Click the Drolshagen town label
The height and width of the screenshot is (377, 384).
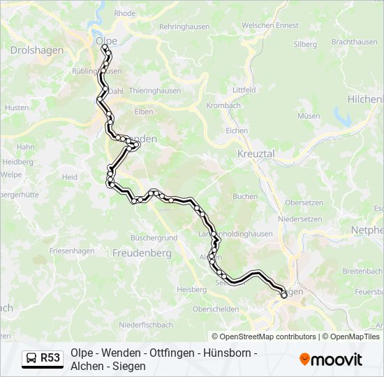pos(36,50)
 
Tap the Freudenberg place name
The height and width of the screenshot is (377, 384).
pos(142,254)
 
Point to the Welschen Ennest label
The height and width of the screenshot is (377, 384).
pos(269,26)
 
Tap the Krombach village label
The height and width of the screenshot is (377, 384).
pos(223,105)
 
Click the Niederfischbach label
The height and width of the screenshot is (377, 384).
pos(146,325)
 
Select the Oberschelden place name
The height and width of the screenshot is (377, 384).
pos(216,309)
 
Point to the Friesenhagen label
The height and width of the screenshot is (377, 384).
pos(71,250)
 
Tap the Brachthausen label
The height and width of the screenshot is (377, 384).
pos(354,42)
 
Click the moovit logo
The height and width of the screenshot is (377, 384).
pos(331,360)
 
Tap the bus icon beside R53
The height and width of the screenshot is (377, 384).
pos(31,359)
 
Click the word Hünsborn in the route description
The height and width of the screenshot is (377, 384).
pos(224,353)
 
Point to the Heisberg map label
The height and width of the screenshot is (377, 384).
pos(192,288)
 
